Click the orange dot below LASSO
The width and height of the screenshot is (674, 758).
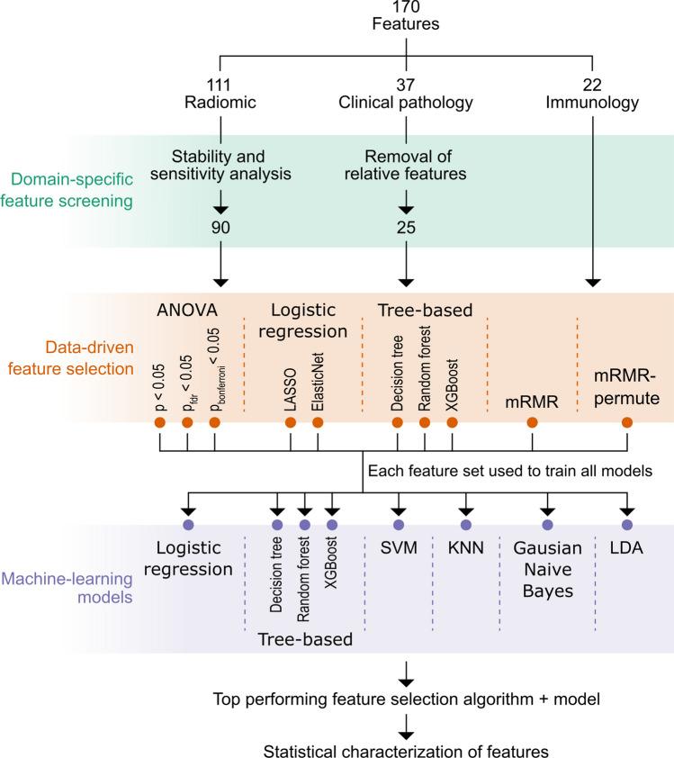coord(292,421)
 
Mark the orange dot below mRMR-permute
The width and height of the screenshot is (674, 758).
coord(626,421)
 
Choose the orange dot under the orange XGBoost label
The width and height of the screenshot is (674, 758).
coord(452,421)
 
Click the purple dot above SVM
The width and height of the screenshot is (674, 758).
coord(398,525)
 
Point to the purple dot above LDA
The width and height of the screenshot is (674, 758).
coord(626,525)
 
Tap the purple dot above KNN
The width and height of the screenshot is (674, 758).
coord(465,525)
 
